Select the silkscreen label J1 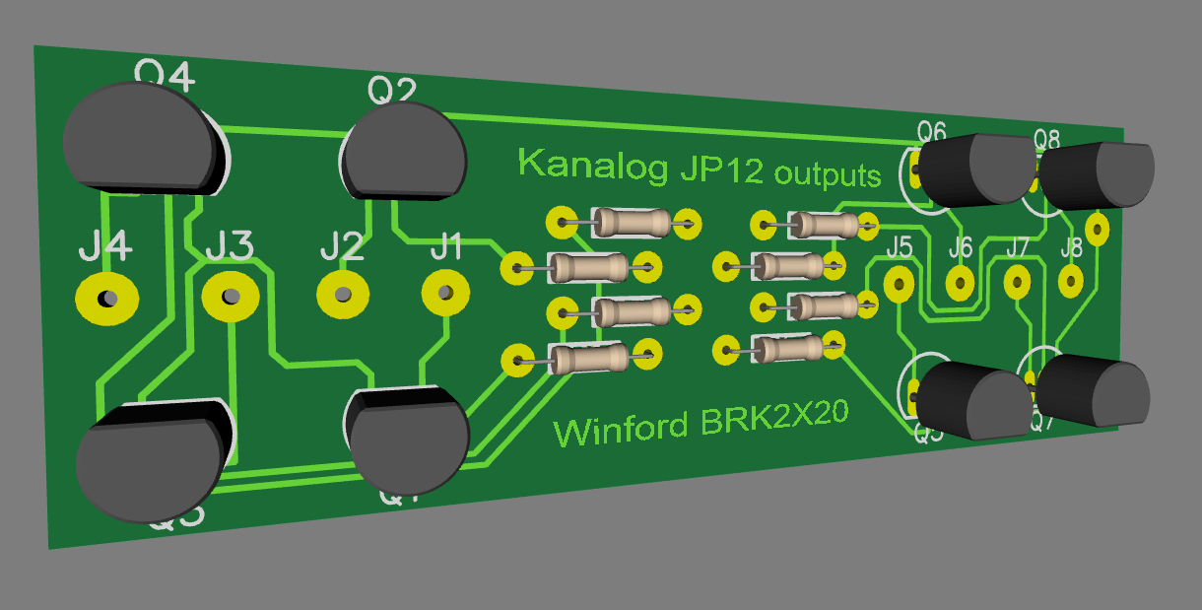(446, 245)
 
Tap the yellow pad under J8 (1071, 283)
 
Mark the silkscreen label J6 (961, 247)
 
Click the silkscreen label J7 (1017, 246)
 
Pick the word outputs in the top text (828, 175)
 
